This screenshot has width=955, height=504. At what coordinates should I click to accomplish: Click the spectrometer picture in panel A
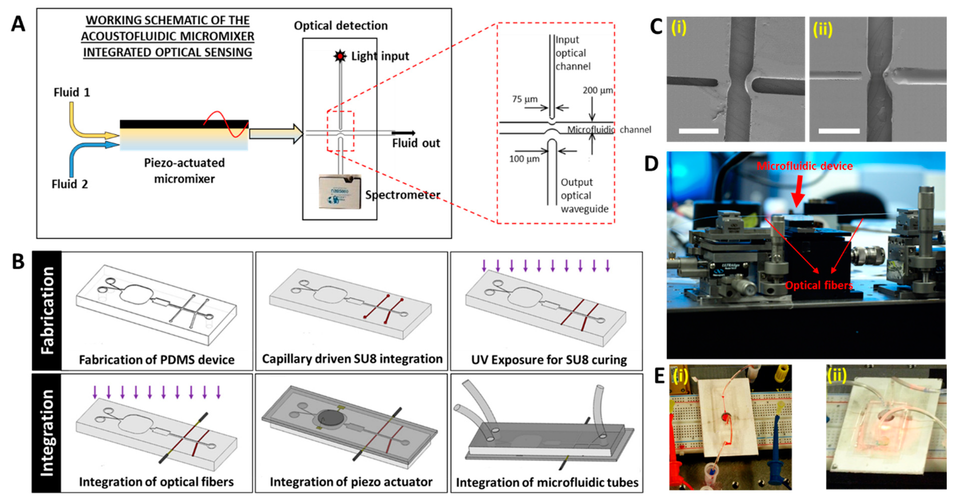(340, 191)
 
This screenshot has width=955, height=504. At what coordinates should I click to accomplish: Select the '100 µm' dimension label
(524, 159)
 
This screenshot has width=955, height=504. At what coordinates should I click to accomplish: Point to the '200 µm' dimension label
(597, 90)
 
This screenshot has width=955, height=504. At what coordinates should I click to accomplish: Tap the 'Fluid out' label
(416, 143)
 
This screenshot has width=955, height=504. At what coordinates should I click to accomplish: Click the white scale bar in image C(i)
(698, 131)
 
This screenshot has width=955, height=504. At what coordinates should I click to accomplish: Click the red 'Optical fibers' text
(819, 285)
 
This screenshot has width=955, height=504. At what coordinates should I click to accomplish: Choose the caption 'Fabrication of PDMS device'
(156, 359)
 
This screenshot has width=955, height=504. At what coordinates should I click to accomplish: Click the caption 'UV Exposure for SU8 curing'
(549, 359)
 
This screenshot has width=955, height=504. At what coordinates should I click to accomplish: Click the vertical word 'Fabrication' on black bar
(47, 311)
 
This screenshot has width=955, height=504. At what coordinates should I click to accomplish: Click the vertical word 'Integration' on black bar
(47, 433)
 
